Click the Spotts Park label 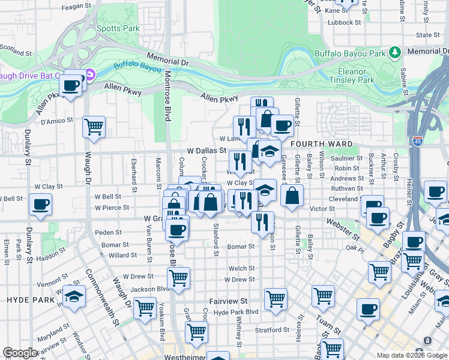pos(118,28)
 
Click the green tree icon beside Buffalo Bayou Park pos(395,53)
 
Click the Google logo pos(20,353)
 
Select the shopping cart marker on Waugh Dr pos(94,127)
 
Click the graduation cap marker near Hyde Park pos(74,296)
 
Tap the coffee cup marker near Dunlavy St pos(40,204)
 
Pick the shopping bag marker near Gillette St pos(292,196)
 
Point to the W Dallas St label pos(206,151)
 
